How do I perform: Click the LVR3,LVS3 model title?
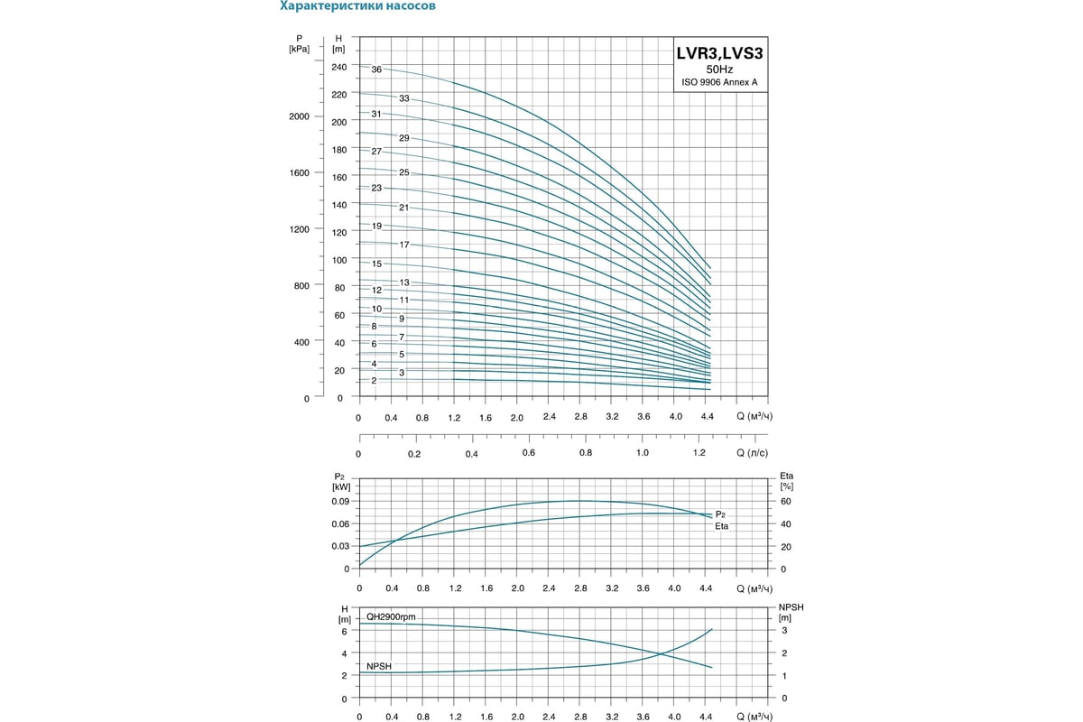pos(719,53)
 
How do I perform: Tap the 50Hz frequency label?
pos(719,69)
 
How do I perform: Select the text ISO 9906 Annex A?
pos(719,82)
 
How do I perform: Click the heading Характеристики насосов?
pos(358,5)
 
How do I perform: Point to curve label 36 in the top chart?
pos(376,69)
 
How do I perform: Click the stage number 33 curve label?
pos(404,97)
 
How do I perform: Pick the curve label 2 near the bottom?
pos(374,380)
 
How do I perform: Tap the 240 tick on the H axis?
pos(338,67)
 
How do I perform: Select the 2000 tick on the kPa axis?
pos(299,116)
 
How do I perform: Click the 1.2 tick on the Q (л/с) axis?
pos(699,453)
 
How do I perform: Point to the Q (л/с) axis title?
pos(752,453)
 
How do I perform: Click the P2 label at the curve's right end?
pos(720,513)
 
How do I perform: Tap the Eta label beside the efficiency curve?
pos(722,525)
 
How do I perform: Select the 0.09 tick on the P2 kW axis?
pos(338,501)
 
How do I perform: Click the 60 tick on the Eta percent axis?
pos(785,501)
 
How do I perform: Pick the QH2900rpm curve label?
pos(391,616)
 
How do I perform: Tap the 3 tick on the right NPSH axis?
pos(784,630)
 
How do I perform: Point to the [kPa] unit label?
pos(299,49)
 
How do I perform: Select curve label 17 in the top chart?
pos(404,245)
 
